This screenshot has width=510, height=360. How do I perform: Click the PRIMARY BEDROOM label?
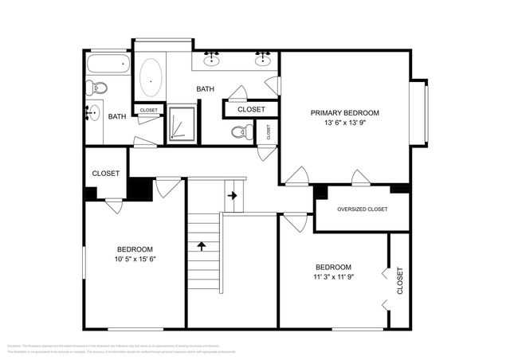(344, 113)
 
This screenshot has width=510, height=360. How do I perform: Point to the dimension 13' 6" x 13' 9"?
(344, 123)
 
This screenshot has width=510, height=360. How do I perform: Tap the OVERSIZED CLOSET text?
(362, 209)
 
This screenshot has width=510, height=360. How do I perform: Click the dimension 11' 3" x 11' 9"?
(332, 277)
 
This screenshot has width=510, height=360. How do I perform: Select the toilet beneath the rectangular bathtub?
(96, 87)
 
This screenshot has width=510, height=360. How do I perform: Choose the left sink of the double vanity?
(212, 58)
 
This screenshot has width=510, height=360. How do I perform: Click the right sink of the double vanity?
(262, 58)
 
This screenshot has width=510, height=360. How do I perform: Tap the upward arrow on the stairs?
(202, 245)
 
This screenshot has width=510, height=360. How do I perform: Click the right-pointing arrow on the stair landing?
(233, 194)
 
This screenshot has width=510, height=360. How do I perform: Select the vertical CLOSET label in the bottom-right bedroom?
(399, 281)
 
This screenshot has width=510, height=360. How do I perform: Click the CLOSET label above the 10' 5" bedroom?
(105, 174)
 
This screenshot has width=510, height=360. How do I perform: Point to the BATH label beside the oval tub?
(206, 89)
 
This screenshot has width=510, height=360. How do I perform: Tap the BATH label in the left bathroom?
(117, 117)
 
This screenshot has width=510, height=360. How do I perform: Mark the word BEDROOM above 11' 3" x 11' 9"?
(332, 267)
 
